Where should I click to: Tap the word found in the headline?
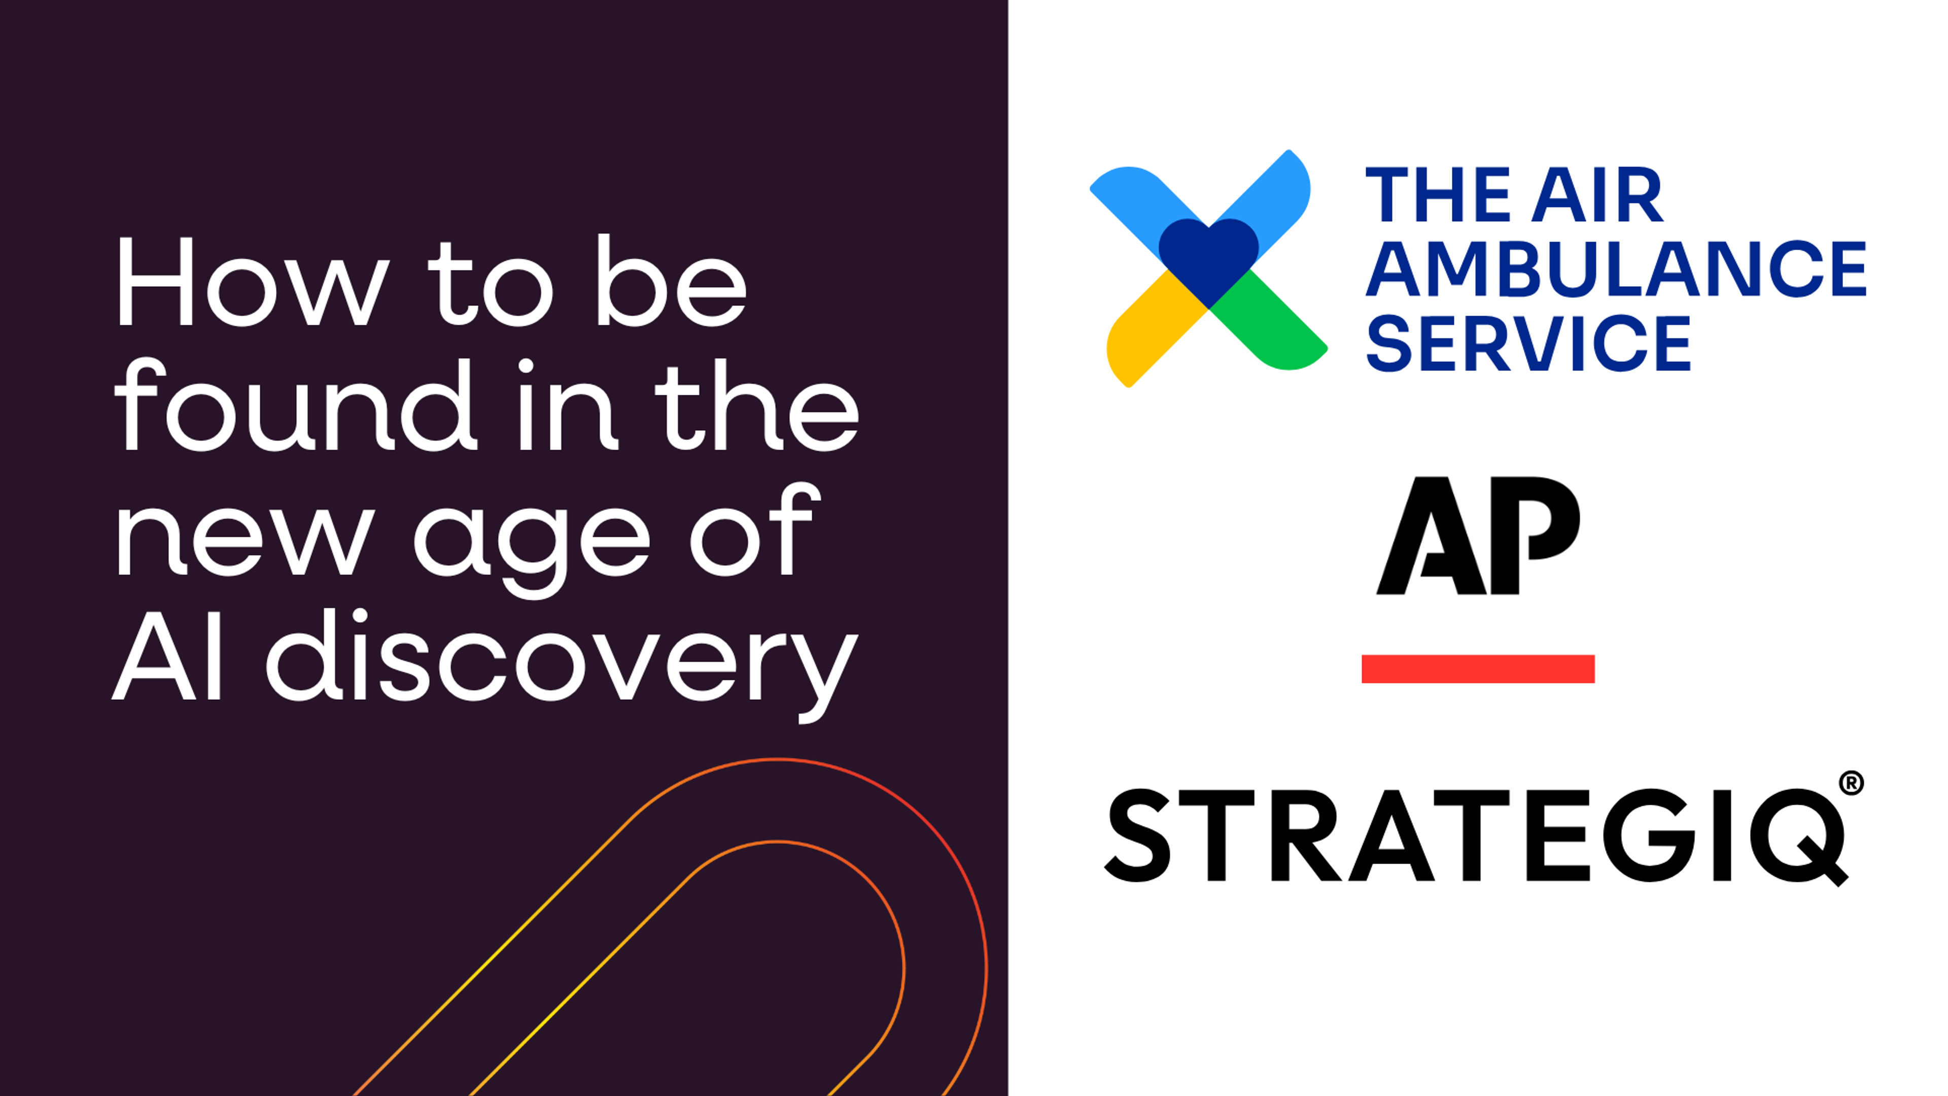(295, 406)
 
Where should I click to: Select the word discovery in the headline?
(562, 657)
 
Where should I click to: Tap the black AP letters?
(1478, 535)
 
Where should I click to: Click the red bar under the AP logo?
(1478, 669)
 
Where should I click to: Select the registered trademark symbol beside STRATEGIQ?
(1851, 783)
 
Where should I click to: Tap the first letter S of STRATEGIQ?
(1138, 835)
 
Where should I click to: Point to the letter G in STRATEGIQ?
(1649, 835)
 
